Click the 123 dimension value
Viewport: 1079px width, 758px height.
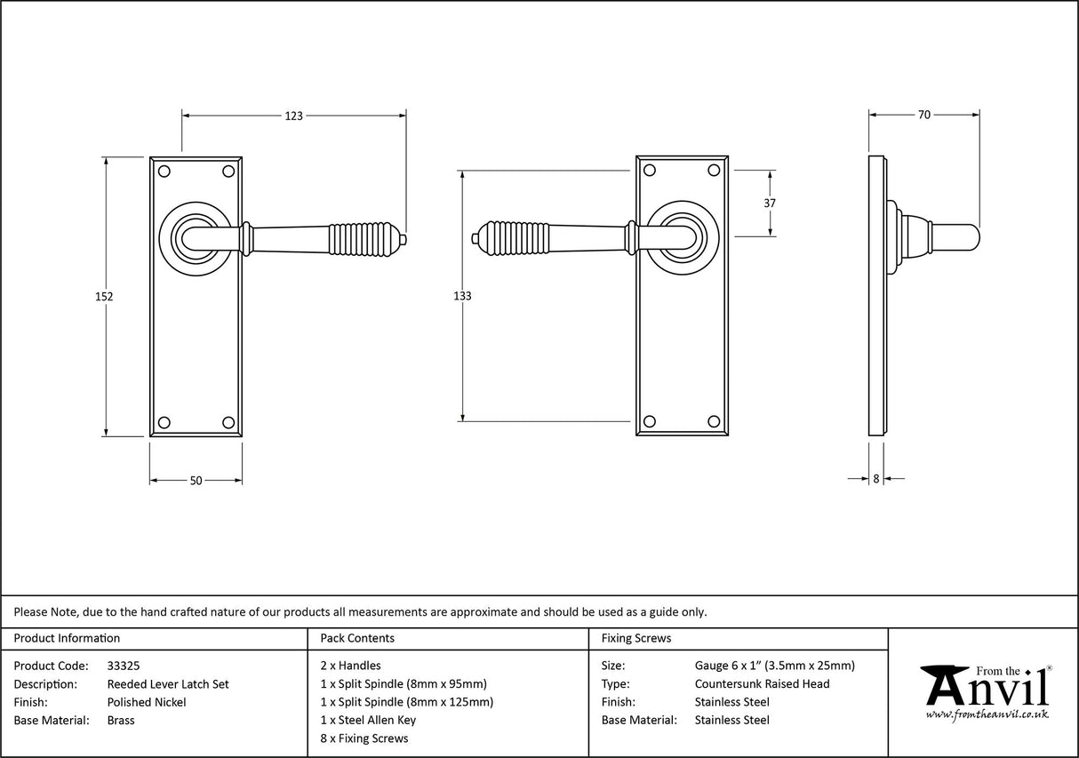click(x=294, y=116)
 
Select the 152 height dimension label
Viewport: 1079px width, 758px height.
click(x=104, y=297)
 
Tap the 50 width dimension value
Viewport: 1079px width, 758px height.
click(x=196, y=481)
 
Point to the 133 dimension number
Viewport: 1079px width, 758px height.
click(x=462, y=296)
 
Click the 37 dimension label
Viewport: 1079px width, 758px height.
click(x=770, y=203)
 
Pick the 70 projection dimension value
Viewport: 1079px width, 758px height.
click(x=924, y=115)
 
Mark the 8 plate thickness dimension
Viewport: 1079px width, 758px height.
click(x=875, y=479)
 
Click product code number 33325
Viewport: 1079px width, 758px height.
click(x=123, y=666)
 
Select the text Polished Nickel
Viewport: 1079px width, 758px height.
click(x=147, y=702)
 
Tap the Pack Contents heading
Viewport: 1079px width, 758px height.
click(x=357, y=638)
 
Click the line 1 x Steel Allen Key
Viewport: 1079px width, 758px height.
click(x=368, y=720)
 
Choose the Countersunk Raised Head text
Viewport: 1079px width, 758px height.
click(x=762, y=683)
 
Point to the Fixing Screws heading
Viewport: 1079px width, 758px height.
click(x=636, y=638)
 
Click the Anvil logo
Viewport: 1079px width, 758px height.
click(x=986, y=688)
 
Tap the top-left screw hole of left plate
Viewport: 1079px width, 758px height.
click(x=164, y=170)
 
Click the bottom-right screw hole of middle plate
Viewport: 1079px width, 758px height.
click(x=713, y=421)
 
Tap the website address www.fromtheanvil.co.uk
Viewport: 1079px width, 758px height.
click(x=987, y=714)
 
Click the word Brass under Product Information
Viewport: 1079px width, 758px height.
click(x=121, y=720)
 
